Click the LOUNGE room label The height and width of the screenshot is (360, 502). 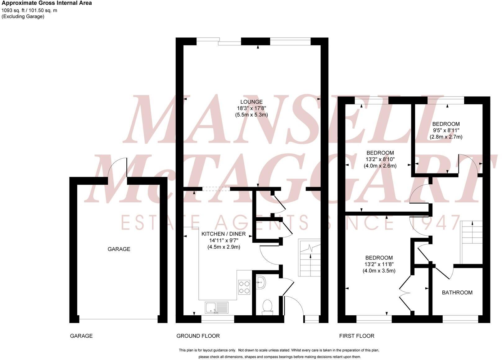click(x=251, y=102)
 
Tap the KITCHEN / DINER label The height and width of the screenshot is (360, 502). click(x=224, y=234)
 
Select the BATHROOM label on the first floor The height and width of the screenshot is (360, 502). click(x=457, y=292)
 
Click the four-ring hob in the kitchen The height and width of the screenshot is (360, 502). click(x=244, y=287)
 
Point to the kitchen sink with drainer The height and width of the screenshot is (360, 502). click(x=216, y=307)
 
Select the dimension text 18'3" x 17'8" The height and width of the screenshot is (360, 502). click(x=251, y=108)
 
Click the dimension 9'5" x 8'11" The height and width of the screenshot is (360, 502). click(x=446, y=130)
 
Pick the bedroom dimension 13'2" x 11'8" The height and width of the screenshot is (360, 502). click(x=379, y=264)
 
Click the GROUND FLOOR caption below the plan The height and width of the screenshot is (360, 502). click(x=198, y=336)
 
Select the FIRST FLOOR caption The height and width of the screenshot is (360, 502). click(x=356, y=336)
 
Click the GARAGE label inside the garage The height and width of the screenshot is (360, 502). click(x=119, y=249)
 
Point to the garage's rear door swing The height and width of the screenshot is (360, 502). click(x=117, y=168)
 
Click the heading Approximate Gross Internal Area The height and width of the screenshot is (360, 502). click(x=47, y=3)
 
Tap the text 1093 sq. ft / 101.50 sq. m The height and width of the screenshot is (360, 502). click(x=29, y=10)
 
